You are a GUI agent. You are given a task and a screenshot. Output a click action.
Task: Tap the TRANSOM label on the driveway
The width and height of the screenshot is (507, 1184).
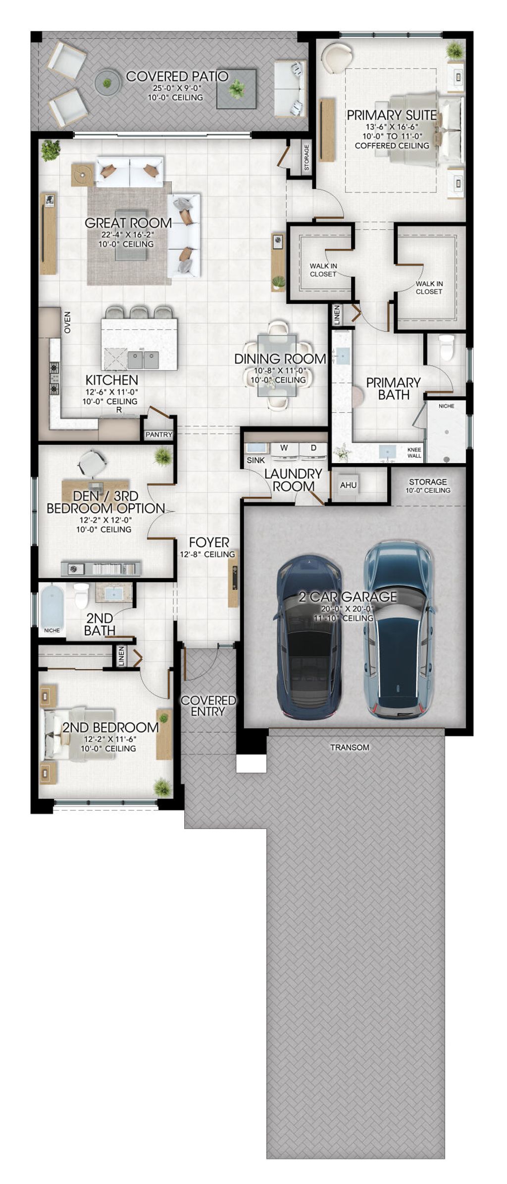pos(350,747)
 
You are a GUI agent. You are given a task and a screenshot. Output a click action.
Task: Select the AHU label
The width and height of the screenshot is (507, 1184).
pos(348,485)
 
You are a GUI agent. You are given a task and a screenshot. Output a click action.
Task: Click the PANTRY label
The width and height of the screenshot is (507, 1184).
pos(159,434)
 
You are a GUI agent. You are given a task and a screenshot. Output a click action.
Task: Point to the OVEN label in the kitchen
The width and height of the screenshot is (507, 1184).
pos(67,322)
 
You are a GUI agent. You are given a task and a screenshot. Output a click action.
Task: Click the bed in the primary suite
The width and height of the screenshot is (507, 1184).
pos(421,130)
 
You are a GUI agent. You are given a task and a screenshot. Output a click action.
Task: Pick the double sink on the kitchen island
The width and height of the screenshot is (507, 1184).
pos(143,359)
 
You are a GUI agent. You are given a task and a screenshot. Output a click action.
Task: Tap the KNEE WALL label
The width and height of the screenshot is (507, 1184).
pos(414,452)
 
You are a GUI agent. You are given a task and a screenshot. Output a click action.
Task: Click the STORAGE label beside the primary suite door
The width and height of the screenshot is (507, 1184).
pos(306,157)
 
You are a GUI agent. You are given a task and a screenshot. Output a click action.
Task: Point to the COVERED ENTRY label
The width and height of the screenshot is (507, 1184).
pos(208,705)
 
